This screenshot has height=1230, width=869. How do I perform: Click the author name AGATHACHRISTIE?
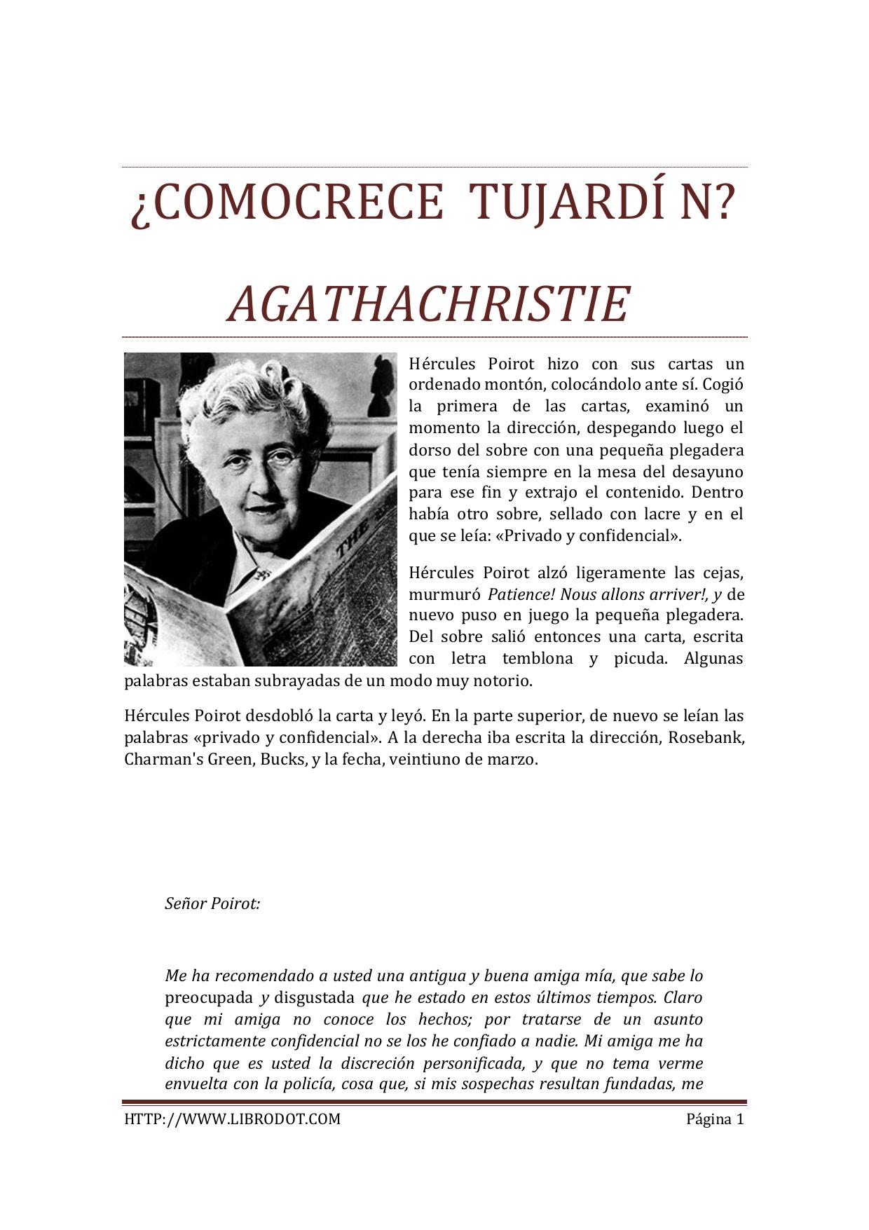(x=428, y=305)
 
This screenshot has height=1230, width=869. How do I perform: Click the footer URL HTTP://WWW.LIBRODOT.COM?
(x=232, y=1119)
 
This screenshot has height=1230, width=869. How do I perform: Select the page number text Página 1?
(x=714, y=1119)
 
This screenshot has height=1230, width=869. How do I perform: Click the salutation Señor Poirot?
(x=212, y=904)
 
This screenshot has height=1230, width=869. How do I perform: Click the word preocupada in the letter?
(x=209, y=998)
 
